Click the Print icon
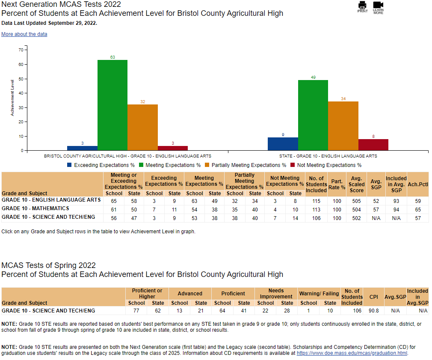(x=362, y=6)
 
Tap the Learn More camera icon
(x=378, y=5)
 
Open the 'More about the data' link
(x=24, y=34)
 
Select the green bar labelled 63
(x=112, y=105)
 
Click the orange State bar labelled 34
(x=343, y=126)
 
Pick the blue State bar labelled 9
(x=283, y=144)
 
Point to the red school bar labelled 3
(x=172, y=148)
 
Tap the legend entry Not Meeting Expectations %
(x=326, y=165)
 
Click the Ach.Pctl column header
(x=418, y=184)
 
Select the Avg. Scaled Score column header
(x=356, y=184)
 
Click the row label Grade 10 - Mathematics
(x=36, y=208)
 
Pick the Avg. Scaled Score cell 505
(x=356, y=201)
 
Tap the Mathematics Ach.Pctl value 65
(x=418, y=210)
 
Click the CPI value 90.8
(x=373, y=311)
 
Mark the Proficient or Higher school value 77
(x=136, y=311)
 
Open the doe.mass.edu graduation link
(x=352, y=353)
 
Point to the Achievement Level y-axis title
(x=12, y=97)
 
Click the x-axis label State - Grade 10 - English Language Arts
(x=328, y=156)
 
